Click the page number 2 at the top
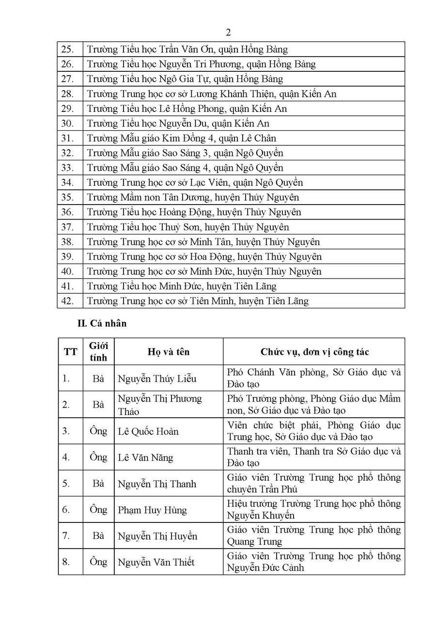pos(228,32)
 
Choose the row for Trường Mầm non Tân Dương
pos(193,197)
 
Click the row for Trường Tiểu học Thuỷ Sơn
pos(188,227)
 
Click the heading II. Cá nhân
pos(102,323)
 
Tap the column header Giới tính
pos(98,351)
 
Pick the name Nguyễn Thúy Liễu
pos(157,379)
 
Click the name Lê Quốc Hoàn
pos(148,431)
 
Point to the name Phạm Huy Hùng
pos(152,510)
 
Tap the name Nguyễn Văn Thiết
pos(156,562)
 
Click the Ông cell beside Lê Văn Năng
pos(98,457)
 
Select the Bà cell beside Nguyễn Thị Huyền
pos(98,536)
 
